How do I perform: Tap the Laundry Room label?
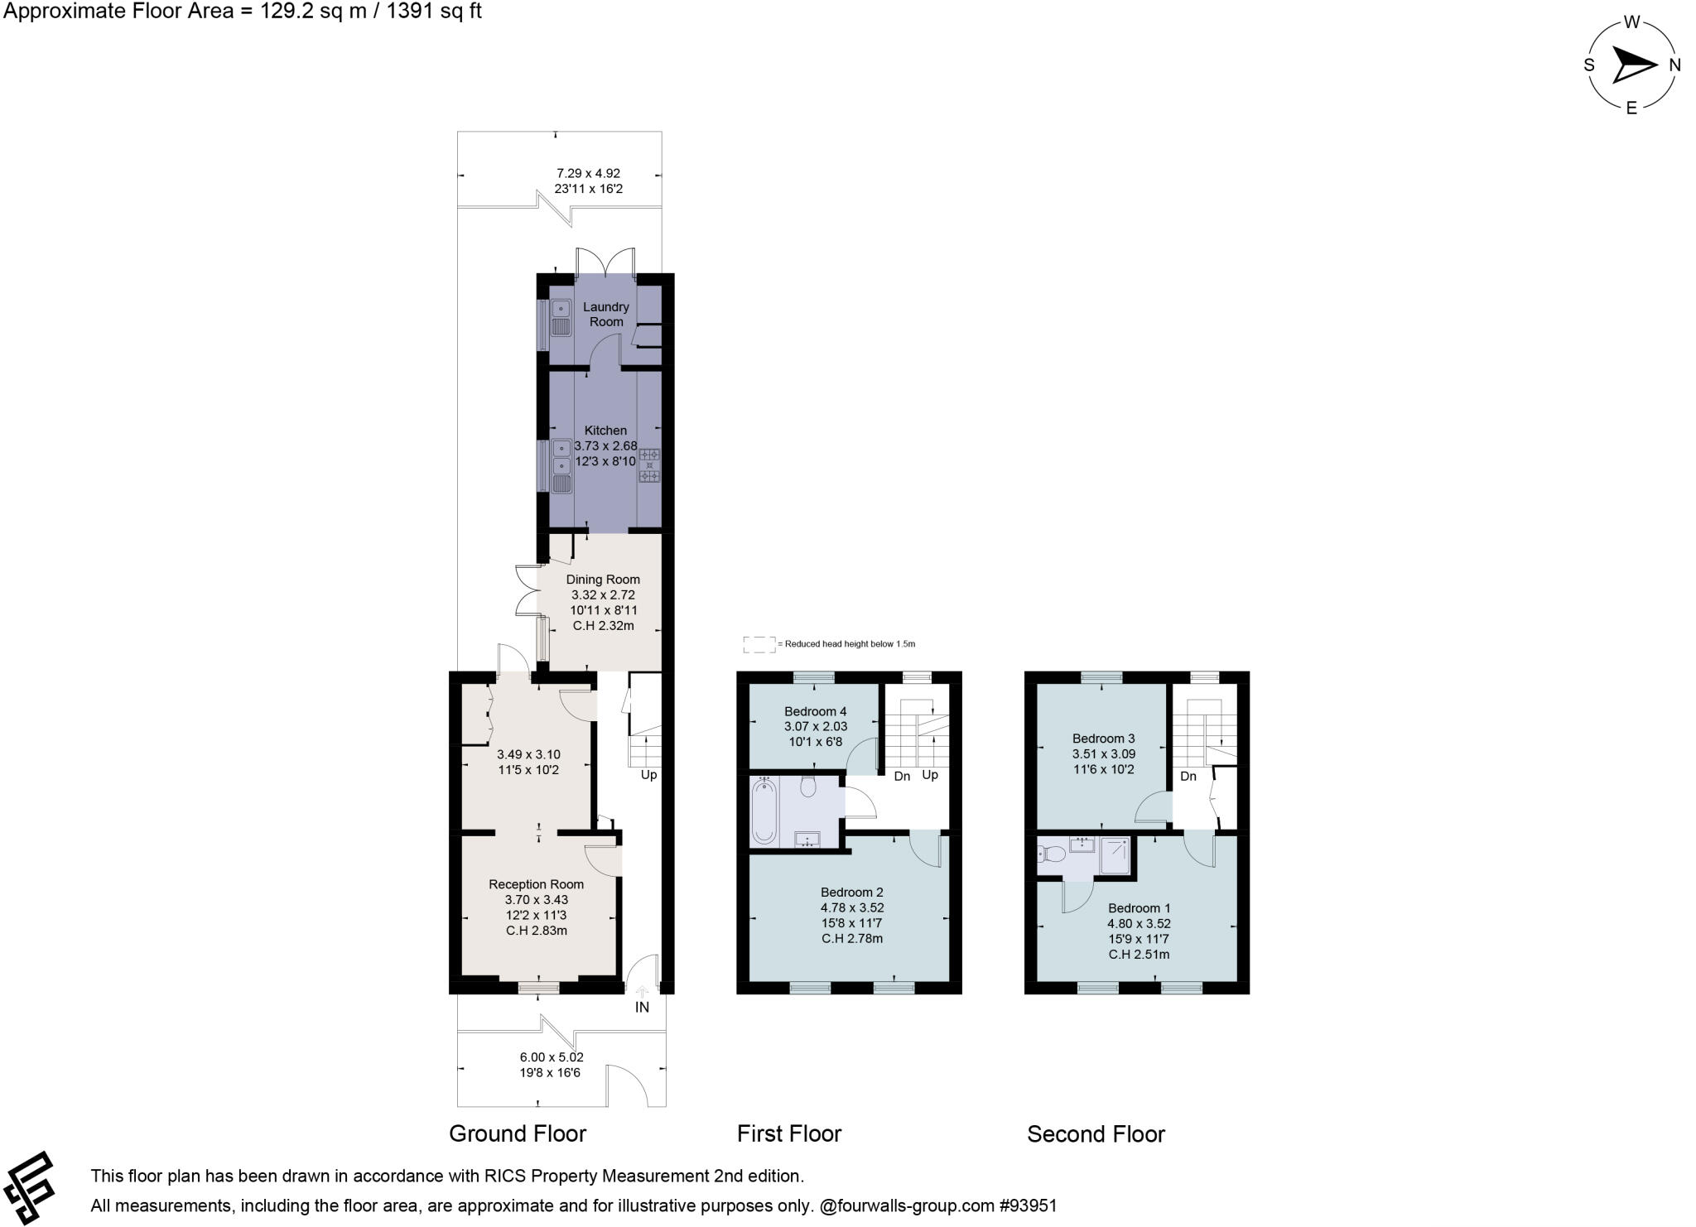(x=605, y=314)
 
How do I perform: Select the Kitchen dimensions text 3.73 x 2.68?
(x=605, y=445)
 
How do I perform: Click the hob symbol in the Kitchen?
(x=649, y=465)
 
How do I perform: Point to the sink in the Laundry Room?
(x=561, y=318)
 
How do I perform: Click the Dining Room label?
(x=603, y=580)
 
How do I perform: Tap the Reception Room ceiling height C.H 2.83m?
(x=536, y=930)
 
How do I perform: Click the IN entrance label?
(x=642, y=1008)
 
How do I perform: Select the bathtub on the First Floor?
(x=764, y=811)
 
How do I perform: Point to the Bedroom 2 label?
(x=851, y=892)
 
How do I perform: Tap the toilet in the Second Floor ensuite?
(x=1051, y=854)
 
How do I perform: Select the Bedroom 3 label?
(x=1103, y=739)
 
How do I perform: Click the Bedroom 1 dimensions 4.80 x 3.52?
(x=1139, y=923)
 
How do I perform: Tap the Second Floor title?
(x=1095, y=1133)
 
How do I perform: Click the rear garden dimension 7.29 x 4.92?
(x=588, y=174)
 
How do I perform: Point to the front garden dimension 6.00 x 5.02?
(x=552, y=1057)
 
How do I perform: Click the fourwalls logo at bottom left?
(x=30, y=1187)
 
